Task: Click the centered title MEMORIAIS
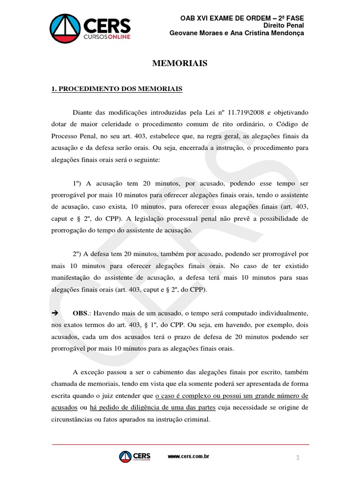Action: pos(180,63)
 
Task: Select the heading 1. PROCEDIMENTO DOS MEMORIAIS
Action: pos(117,89)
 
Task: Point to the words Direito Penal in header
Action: pos(283,25)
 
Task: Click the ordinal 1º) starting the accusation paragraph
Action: pos(78,183)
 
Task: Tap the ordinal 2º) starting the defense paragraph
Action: pos(78,254)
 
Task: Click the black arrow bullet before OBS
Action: pos(53,313)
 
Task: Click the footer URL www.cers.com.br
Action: pos(188,456)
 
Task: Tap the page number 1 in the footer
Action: pos(297,458)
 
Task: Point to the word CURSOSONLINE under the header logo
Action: pos(107,36)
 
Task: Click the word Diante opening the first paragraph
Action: pos(83,113)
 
